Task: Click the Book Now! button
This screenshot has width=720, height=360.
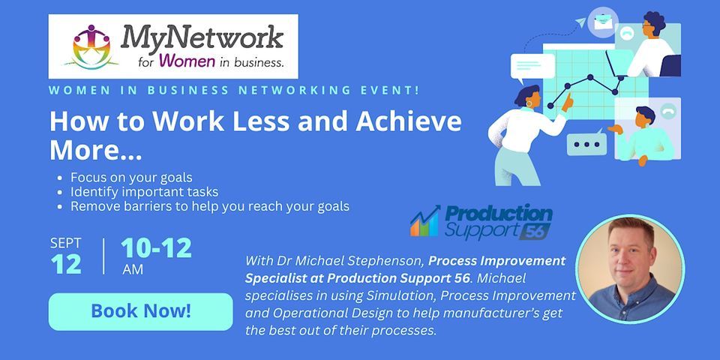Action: point(141,311)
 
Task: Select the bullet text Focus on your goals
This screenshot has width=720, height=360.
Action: point(131,178)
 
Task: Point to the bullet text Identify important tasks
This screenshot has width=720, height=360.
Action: point(144,192)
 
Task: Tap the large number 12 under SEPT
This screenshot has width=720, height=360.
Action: point(66,264)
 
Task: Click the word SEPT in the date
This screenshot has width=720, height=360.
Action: point(65,244)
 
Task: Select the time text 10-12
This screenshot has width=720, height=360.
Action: point(156,248)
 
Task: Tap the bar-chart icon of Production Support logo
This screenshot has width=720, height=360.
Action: point(424,223)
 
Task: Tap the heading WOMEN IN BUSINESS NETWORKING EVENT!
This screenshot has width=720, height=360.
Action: point(234,90)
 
